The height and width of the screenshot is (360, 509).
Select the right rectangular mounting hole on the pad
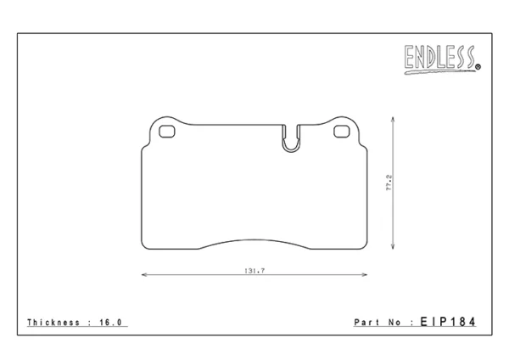(x=342, y=131)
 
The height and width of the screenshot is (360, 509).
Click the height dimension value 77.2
(x=389, y=183)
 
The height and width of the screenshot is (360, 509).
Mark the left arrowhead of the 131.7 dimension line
(x=142, y=275)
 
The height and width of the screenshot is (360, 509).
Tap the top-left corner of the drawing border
(x=18, y=33)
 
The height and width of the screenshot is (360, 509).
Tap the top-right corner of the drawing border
(x=491, y=33)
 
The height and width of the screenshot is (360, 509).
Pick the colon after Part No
(x=411, y=323)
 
